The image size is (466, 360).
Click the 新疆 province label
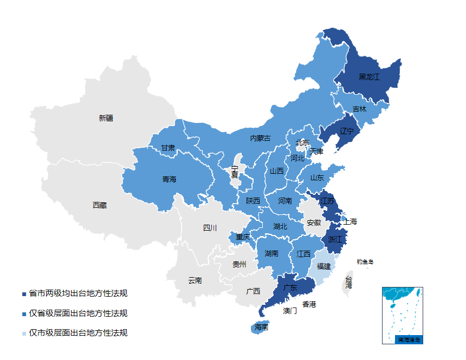coord(106,118)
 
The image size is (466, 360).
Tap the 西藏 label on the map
coord(100,205)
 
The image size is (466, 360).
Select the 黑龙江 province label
coord(369,77)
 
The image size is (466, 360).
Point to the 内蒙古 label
coord(260,139)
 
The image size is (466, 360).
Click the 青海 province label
coord(169,179)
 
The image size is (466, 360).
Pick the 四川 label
coord(210,228)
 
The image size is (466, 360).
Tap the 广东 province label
coord(290,288)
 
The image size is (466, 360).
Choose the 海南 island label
coord(261,328)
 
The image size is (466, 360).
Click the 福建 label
coord(323,266)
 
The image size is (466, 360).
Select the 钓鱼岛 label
coord(365,262)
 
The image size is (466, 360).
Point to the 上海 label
coord(350,222)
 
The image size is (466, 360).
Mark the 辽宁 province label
coord(346,132)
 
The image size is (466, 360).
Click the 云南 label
coord(195,280)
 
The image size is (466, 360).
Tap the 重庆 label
coord(243,237)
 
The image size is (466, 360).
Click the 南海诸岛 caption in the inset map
coord(409,340)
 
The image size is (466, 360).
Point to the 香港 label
coord(309,304)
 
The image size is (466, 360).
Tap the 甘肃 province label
coord(168,148)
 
